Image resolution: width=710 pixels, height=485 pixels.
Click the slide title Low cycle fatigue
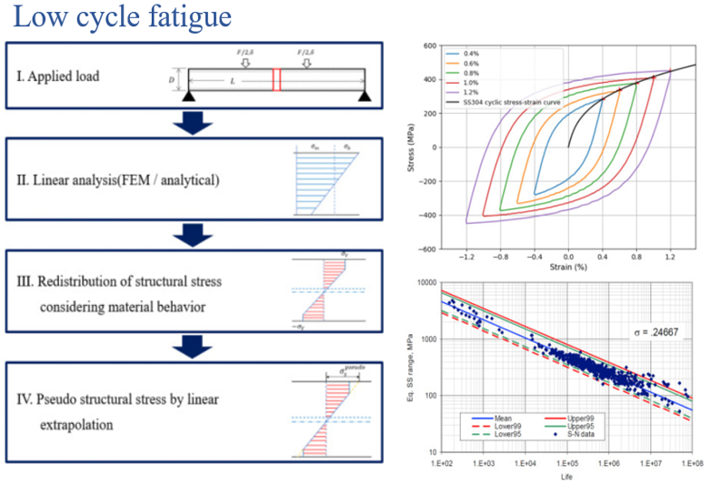tap(123, 17)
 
